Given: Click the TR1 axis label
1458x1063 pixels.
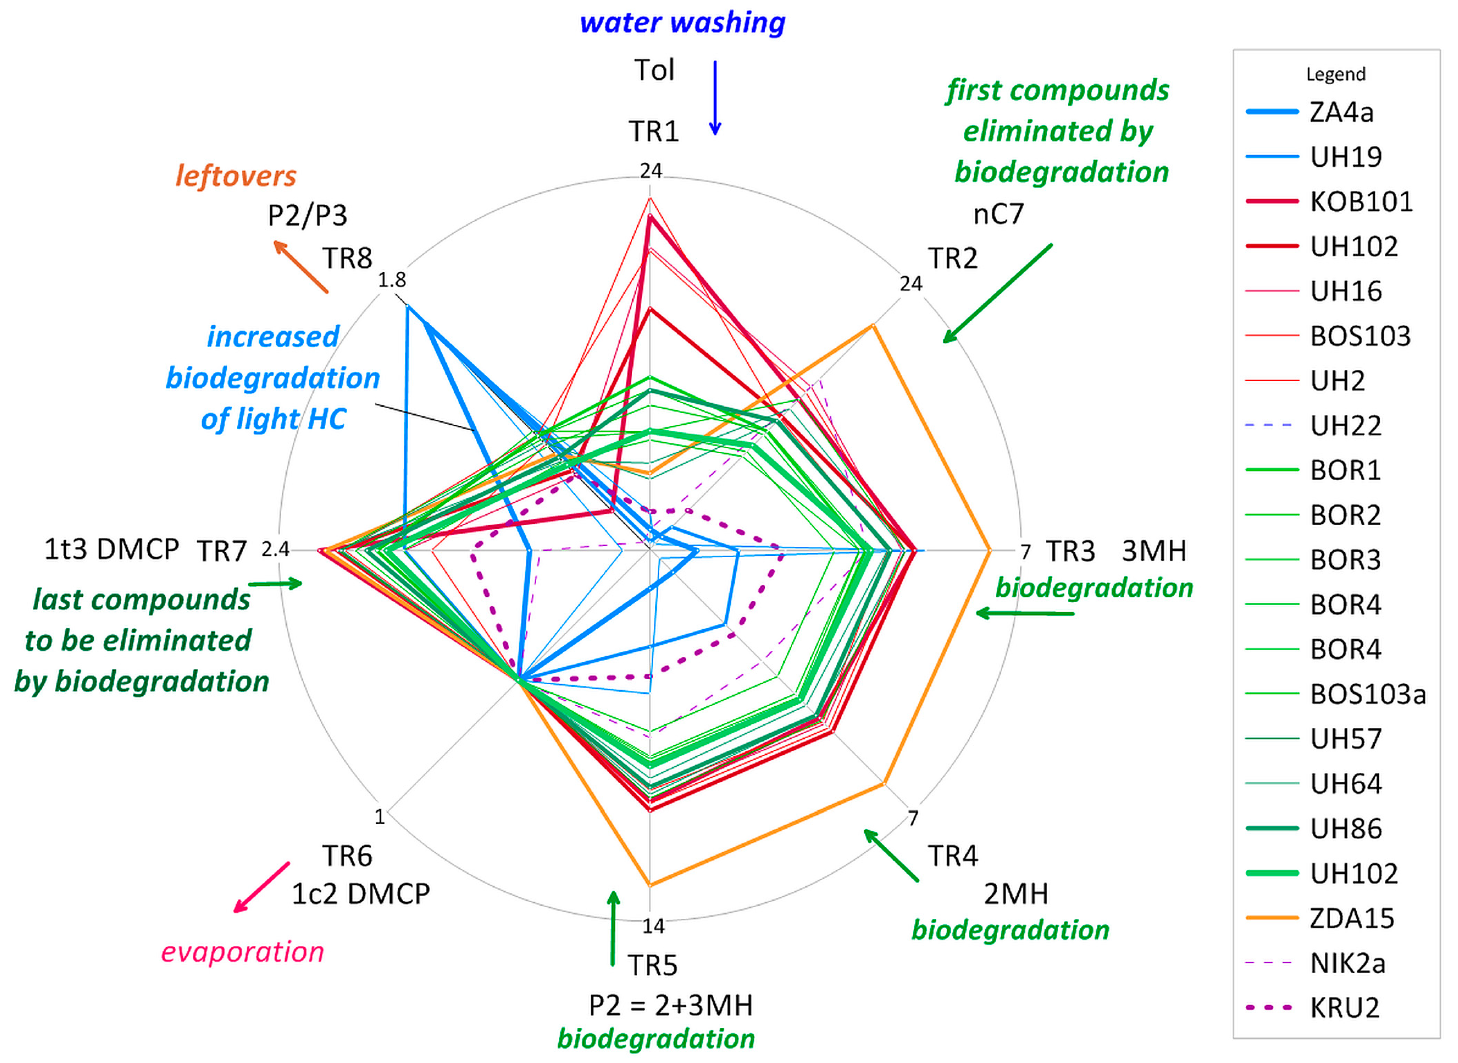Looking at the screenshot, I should (653, 132).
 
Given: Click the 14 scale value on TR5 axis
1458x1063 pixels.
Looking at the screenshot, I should (653, 926).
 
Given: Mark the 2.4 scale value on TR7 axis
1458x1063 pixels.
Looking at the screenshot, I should (275, 549).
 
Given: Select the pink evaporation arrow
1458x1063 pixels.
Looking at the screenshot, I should (261, 888).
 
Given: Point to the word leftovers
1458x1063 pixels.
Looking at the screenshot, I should (236, 176).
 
